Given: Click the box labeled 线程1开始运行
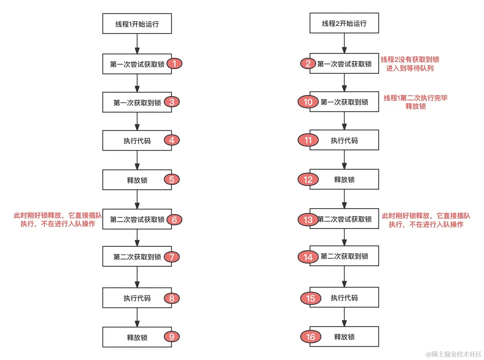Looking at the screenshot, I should point(137,24).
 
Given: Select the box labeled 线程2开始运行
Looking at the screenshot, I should point(344,23).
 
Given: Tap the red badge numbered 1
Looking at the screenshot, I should point(174,64).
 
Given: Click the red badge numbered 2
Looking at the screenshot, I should point(308,64).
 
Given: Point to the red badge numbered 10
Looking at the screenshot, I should point(308,102).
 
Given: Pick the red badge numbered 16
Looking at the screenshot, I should point(311,337).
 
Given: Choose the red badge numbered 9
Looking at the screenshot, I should point(172,337).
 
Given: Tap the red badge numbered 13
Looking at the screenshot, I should point(308,220).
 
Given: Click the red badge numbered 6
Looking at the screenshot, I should point(174,220).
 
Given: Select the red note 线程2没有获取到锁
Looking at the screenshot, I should point(410,64).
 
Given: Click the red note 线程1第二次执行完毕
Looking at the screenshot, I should point(415,102).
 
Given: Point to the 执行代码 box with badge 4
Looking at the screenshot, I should point(137,141).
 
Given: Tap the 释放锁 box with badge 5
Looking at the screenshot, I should point(137,180).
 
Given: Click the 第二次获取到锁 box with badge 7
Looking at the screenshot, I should point(137,257).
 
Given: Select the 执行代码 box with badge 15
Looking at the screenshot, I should point(344,297).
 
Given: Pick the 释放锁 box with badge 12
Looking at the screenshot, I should point(344,180).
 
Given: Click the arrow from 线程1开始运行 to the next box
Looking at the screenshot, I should point(137,44).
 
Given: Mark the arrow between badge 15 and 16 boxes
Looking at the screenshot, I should point(344,317).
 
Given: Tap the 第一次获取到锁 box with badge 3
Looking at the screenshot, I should point(137,102).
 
